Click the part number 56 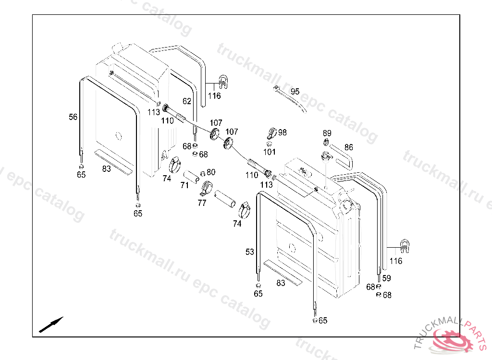click(x=73, y=117)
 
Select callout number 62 click(x=187, y=101)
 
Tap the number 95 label click(x=295, y=92)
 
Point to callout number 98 click(x=282, y=132)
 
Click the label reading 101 click(x=270, y=152)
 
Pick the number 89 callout click(x=327, y=133)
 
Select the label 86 click(x=349, y=147)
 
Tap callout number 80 click(x=211, y=172)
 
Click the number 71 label click(x=184, y=185)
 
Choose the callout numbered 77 click(x=202, y=203)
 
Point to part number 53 click(x=250, y=252)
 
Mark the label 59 click(x=387, y=278)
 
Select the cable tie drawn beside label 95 click(x=291, y=100)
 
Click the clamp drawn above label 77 click(x=207, y=188)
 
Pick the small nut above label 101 click(x=270, y=143)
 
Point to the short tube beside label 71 click(x=194, y=176)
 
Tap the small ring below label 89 click(x=326, y=142)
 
